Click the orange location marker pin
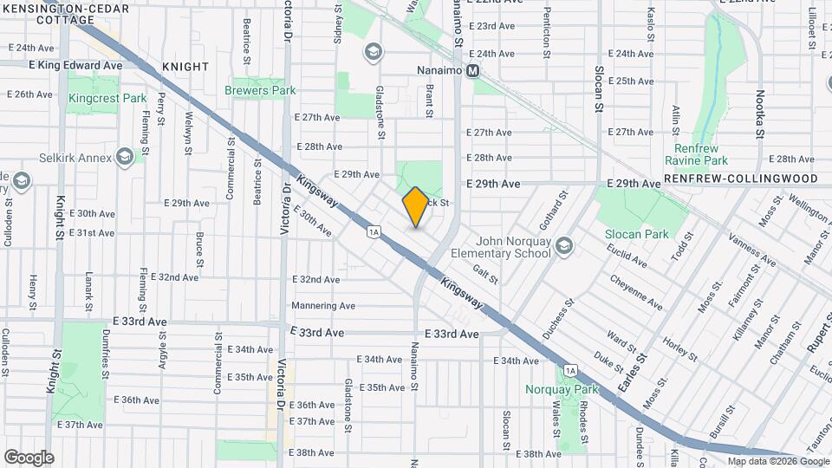coord(415,207)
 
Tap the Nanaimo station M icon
coord(473,72)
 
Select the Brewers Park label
coord(260,90)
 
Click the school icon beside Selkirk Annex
coord(126,157)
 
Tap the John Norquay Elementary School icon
coord(565,247)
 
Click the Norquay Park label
coord(562,389)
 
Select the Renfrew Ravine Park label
coord(696,154)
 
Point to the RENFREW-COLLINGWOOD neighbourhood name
coord(741,179)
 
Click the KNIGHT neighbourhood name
coord(185,67)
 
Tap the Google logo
coord(29,457)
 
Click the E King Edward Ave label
coord(75,65)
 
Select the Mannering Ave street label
coord(323,305)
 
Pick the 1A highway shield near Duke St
coord(569,371)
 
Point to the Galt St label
coord(486,274)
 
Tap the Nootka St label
coord(760,113)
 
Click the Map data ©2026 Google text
coord(777,461)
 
